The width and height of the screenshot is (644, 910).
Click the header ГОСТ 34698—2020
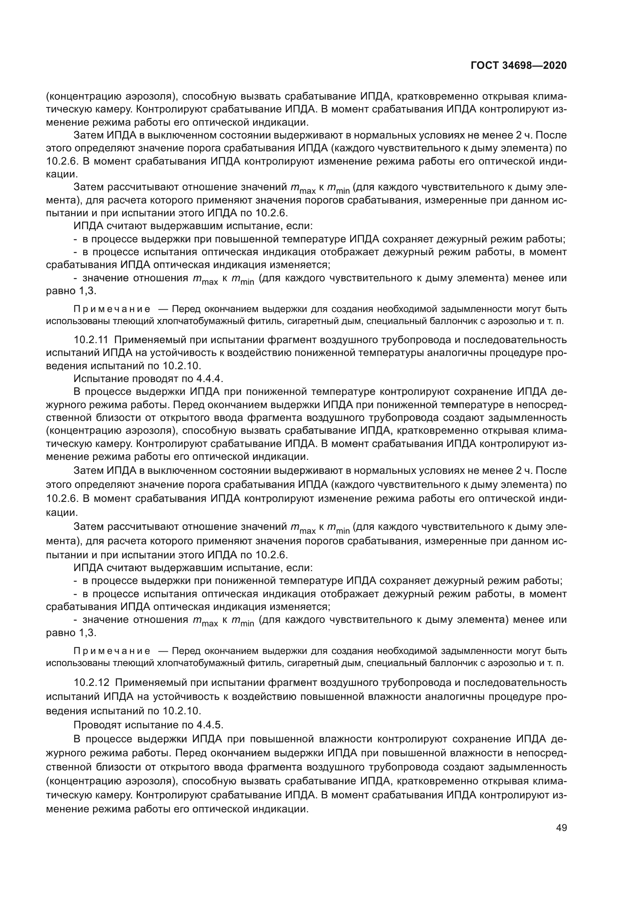[519, 66]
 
